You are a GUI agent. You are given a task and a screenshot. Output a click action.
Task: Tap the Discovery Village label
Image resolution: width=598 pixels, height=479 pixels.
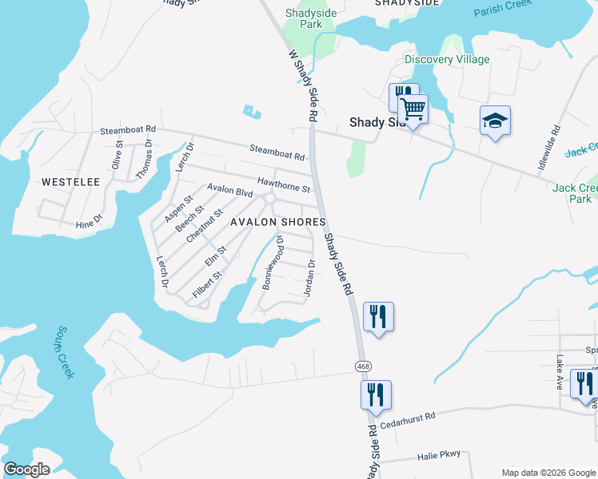coord(447,60)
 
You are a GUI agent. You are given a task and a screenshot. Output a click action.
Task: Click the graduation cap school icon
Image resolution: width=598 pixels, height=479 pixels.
coord(495,121)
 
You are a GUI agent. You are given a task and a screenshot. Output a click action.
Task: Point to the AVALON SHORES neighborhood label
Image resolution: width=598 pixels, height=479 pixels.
coord(277,222)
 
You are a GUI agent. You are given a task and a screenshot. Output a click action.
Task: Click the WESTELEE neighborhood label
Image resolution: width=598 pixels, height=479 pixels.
coord(70,182)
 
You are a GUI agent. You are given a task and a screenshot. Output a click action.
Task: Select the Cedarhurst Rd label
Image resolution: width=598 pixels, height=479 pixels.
coord(408,416)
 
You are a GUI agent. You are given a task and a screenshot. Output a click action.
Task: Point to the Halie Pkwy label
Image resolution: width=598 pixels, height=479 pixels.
coord(440,455)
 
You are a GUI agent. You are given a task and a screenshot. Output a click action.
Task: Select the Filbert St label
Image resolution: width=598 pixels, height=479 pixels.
coord(207,286)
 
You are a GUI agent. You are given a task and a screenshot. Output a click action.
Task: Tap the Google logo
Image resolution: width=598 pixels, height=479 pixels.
coord(26,469)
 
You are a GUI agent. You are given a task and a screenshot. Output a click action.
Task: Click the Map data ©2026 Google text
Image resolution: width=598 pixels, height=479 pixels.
coord(548,473)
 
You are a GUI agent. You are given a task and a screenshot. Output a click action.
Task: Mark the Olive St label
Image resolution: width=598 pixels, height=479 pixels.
coord(118,154)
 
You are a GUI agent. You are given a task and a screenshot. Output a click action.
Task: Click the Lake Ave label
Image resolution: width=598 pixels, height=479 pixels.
coord(560,372)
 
